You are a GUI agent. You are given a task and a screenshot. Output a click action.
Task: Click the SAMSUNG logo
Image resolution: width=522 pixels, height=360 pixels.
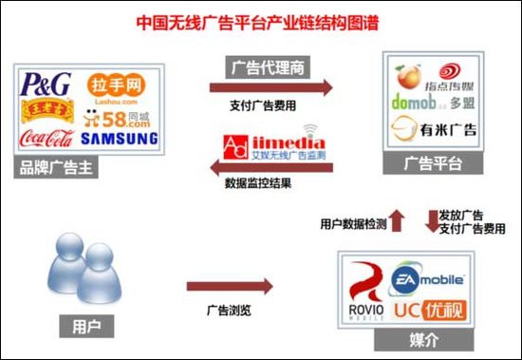(x=119, y=139)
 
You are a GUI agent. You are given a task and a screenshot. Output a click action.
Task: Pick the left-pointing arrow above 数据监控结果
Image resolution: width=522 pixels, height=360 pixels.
(x=271, y=168)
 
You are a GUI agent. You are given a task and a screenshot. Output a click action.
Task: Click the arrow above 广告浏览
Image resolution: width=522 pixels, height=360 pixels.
(x=229, y=285)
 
